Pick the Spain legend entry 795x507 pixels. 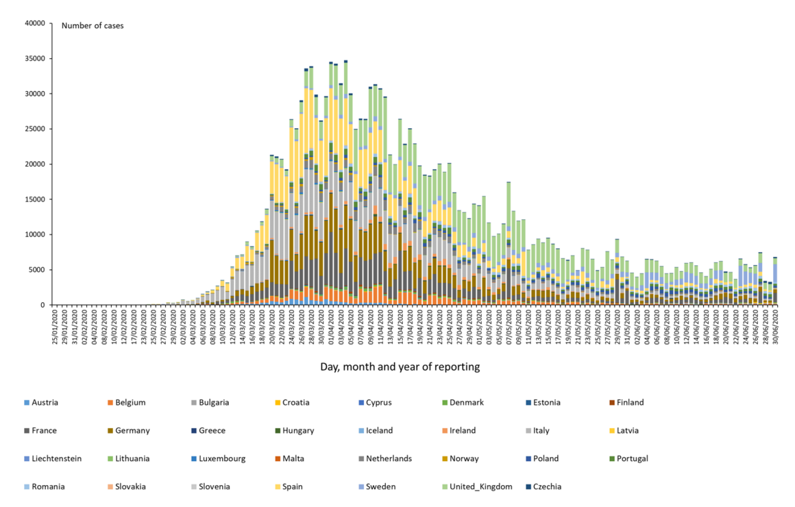coord(292,487)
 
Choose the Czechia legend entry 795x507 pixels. coord(547,487)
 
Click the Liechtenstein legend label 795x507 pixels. coord(56,459)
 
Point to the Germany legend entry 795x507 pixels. coord(132,431)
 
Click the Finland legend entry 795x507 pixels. coord(630,403)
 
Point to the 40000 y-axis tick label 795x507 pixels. coord(34,23)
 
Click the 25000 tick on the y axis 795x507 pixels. coord(34,129)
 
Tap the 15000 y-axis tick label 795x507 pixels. coord(34,199)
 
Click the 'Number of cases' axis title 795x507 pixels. coord(93,26)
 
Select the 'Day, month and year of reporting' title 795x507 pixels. coord(400,367)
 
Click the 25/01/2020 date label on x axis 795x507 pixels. coord(56,327)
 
